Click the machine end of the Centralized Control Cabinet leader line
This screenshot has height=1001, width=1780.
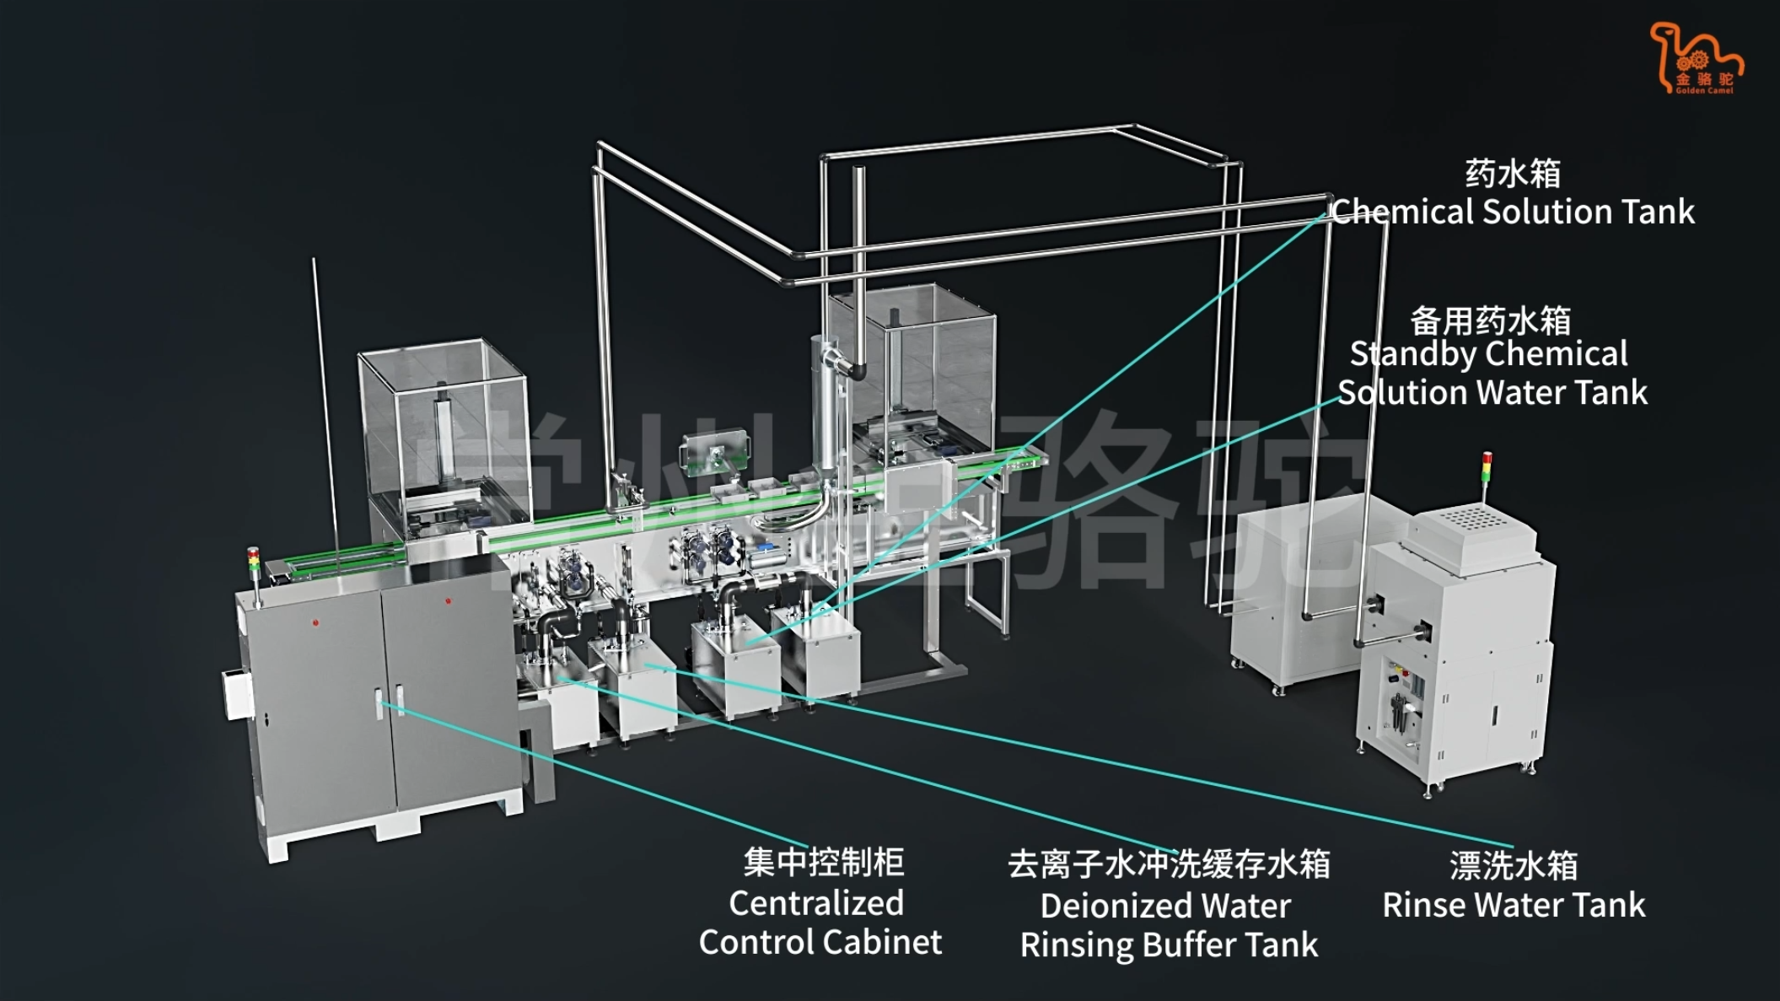click(x=381, y=702)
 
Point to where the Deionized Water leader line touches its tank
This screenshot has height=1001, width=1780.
click(x=559, y=677)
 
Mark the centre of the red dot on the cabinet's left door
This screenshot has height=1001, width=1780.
click(x=315, y=622)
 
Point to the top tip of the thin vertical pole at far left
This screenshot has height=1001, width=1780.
click(x=314, y=259)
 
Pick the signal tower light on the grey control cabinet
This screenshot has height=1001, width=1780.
click(x=253, y=562)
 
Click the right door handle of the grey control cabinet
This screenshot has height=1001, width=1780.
click(x=399, y=700)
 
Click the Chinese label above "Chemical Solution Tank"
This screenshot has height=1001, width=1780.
click(x=1513, y=174)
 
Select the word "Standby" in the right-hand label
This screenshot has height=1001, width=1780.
click(x=1405, y=354)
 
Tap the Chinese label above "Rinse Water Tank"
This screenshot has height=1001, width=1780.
click(x=1514, y=865)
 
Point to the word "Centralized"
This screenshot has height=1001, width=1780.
click(x=816, y=903)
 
